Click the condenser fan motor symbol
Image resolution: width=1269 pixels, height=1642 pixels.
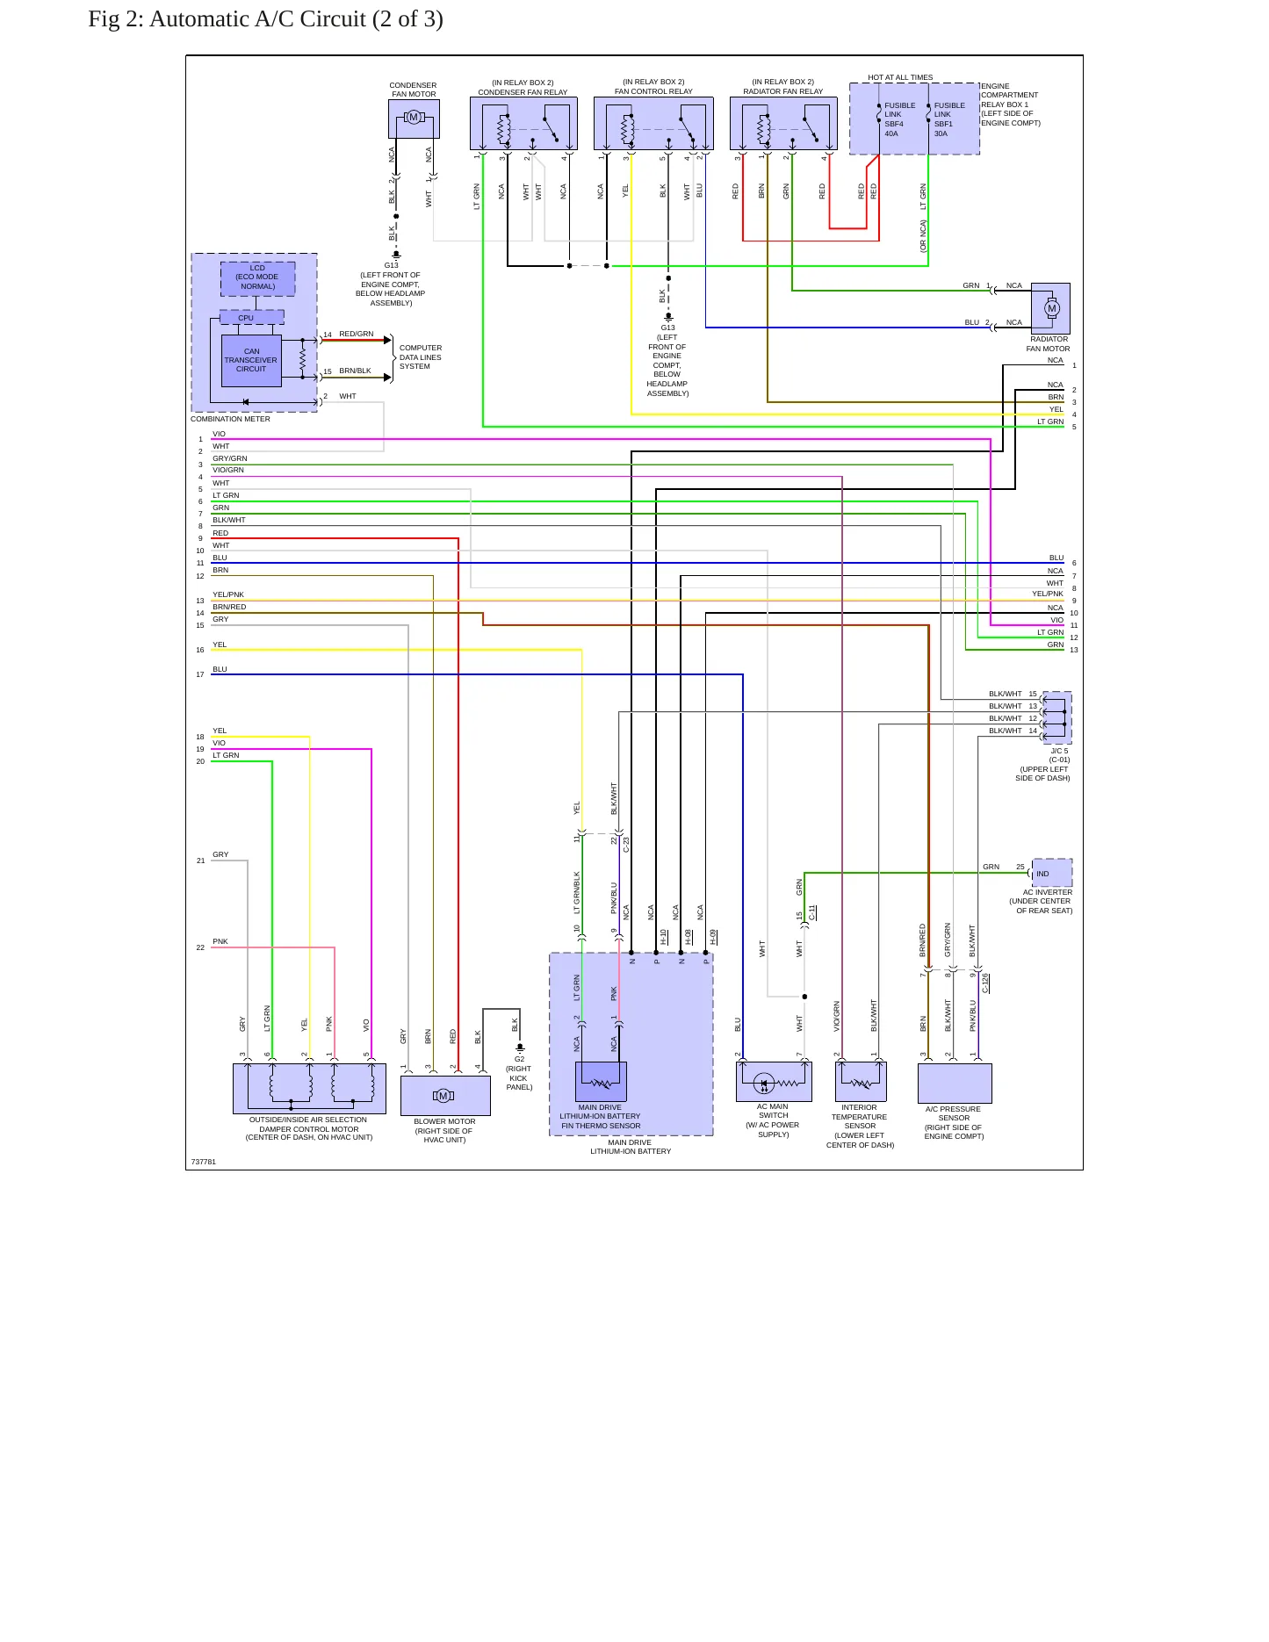[414, 118]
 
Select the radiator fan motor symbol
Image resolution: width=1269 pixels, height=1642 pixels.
[1050, 308]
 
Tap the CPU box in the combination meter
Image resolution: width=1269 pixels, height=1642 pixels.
[251, 318]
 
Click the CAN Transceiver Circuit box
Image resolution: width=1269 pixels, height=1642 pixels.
[251, 360]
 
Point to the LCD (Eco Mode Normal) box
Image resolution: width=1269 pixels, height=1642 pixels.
[257, 277]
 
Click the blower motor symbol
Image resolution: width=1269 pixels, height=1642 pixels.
[445, 1096]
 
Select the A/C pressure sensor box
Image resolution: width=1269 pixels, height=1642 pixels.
[955, 1084]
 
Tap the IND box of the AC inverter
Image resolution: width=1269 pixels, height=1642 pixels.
[1052, 873]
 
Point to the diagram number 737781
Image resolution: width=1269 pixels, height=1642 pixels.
[204, 1162]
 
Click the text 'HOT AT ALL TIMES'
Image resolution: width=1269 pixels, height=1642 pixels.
[900, 77]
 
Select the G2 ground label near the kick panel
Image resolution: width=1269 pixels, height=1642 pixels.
[519, 1059]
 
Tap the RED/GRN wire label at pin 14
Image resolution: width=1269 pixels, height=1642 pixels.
[357, 334]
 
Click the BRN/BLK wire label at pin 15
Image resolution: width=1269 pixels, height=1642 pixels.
[356, 371]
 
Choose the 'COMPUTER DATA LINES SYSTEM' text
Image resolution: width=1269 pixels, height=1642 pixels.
[421, 357]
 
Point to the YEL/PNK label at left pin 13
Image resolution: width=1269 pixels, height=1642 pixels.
[228, 594]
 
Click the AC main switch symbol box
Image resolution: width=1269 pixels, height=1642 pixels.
[774, 1082]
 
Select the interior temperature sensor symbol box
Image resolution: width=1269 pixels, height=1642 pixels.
[861, 1082]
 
